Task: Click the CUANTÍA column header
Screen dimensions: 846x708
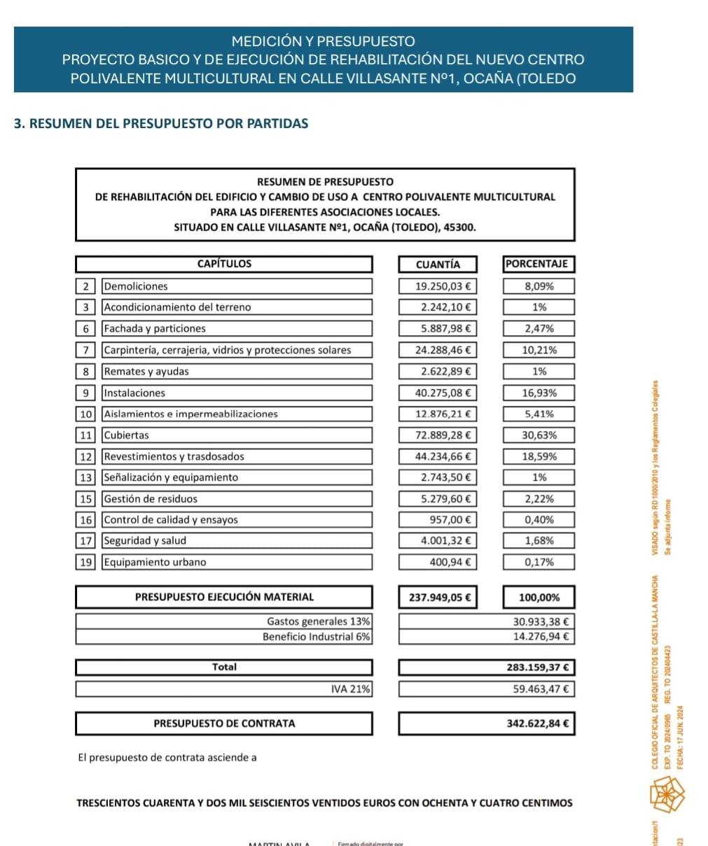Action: [x=438, y=265]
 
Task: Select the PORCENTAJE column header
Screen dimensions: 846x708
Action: [x=537, y=264]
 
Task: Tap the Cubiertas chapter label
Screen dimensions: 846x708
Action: [x=127, y=435]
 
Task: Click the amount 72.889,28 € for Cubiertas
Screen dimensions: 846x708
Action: [x=443, y=435]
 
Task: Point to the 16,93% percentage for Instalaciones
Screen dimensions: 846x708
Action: [x=539, y=393]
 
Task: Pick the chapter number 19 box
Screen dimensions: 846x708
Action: [x=85, y=562]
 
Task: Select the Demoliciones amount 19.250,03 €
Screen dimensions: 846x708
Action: [x=443, y=286]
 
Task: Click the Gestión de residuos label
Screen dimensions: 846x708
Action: [x=151, y=499]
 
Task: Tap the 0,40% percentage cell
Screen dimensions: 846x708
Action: [x=539, y=520]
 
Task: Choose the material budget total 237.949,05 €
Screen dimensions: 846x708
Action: [x=438, y=598]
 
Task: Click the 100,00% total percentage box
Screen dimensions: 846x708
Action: [x=539, y=598]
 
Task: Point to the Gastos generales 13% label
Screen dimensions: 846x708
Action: [x=319, y=621]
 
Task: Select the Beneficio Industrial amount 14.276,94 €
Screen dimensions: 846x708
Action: [x=541, y=637]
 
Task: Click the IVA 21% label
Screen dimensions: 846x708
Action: [x=351, y=689]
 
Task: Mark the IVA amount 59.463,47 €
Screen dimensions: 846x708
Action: [x=541, y=689]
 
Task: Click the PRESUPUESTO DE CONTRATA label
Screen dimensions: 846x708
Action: [x=224, y=724]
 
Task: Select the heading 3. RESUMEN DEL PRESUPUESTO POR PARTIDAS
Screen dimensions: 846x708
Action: [x=161, y=124]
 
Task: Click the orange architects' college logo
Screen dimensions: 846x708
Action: [x=667, y=794]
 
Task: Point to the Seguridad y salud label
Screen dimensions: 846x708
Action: [x=145, y=541]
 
